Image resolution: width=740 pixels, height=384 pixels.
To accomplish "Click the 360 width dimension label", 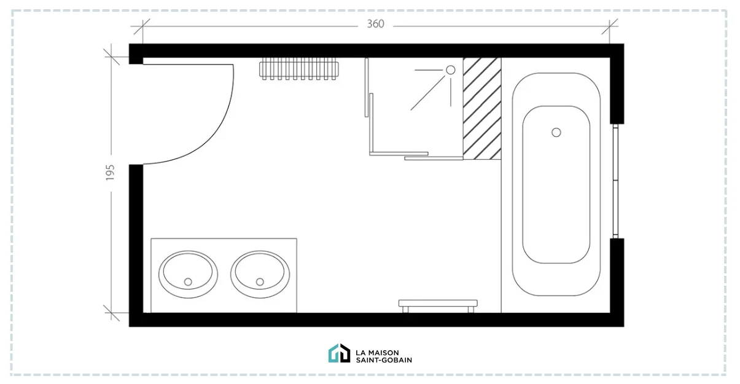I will [375, 25].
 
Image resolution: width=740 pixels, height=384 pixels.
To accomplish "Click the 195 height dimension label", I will [111, 173].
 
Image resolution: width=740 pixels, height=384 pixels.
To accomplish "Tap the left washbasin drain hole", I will [188, 281].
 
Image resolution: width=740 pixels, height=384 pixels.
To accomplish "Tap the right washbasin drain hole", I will [260, 281].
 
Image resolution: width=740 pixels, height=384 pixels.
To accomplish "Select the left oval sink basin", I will [188, 272].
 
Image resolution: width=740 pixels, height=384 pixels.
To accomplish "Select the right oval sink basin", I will [260, 272].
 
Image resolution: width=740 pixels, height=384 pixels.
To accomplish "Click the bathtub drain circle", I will [556, 132].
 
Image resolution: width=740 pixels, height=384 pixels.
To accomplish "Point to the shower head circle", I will [450, 70].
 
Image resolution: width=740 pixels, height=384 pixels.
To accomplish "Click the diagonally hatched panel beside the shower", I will [481, 108].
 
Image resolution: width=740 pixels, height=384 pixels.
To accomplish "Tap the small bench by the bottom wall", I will [438, 304].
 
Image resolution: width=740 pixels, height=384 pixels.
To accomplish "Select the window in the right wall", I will [615, 181].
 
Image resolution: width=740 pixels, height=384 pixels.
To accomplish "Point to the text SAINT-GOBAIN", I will [384, 359].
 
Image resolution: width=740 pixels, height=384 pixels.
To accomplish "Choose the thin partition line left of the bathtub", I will [502, 233].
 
